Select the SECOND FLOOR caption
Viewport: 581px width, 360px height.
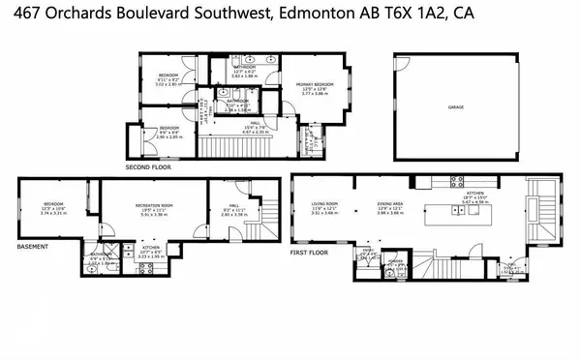145,167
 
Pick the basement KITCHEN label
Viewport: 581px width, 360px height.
151,247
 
